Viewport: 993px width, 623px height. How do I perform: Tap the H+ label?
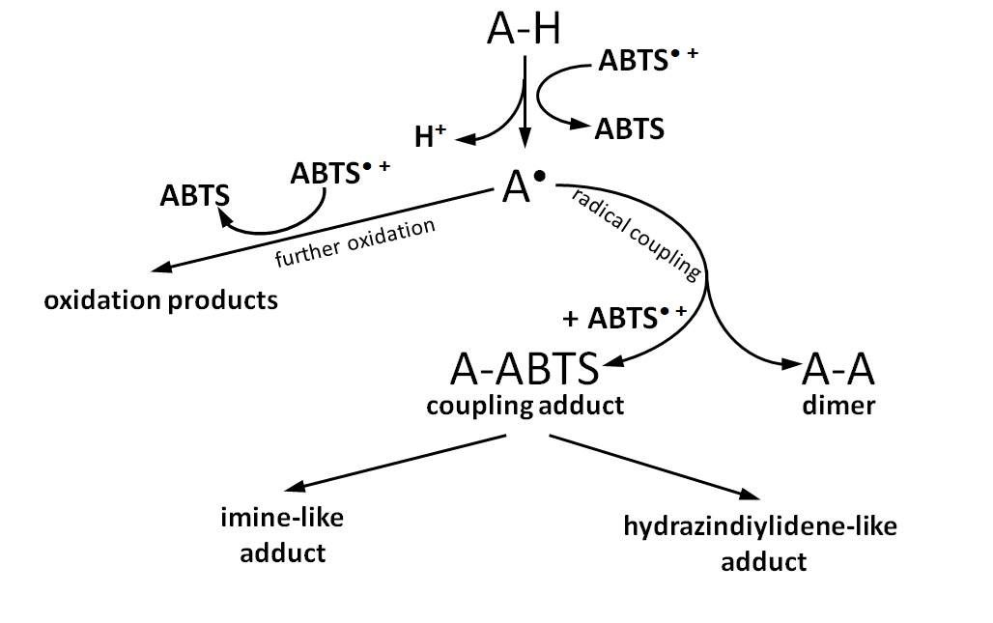point(431,137)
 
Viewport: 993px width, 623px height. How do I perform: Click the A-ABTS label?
point(525,369)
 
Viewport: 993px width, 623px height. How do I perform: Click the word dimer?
point(838,406)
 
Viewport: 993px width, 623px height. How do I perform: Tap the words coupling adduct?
point(525,406)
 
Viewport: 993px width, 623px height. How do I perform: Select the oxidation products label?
point(160,300)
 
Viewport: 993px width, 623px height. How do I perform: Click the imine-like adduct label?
point(282,535)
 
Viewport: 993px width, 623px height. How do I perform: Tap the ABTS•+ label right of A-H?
point(648,60)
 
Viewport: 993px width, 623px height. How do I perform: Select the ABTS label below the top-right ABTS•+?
point(630,128)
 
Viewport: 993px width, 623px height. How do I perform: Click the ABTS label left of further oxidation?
point(195,196)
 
